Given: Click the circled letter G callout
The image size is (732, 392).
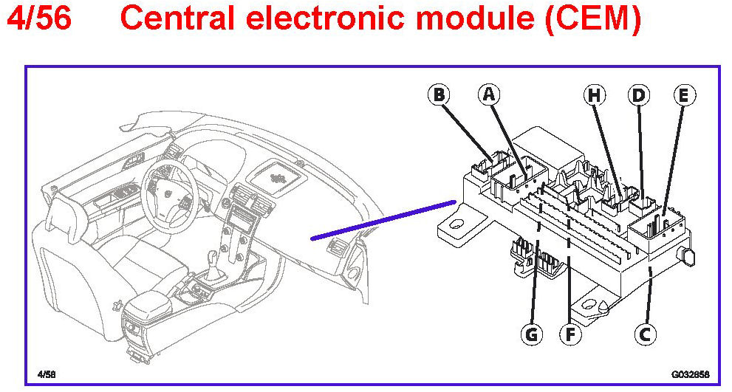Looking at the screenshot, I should [x=531, y=334].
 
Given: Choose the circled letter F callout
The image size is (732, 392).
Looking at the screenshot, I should [x=569, y=334].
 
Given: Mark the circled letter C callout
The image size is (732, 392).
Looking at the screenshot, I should [x=645, y=334].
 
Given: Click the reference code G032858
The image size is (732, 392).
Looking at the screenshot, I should [x=688, y=374].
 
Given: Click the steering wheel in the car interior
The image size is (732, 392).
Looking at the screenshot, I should [x=169, y=188].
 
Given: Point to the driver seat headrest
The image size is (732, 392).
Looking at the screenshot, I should [x=58, y=215].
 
